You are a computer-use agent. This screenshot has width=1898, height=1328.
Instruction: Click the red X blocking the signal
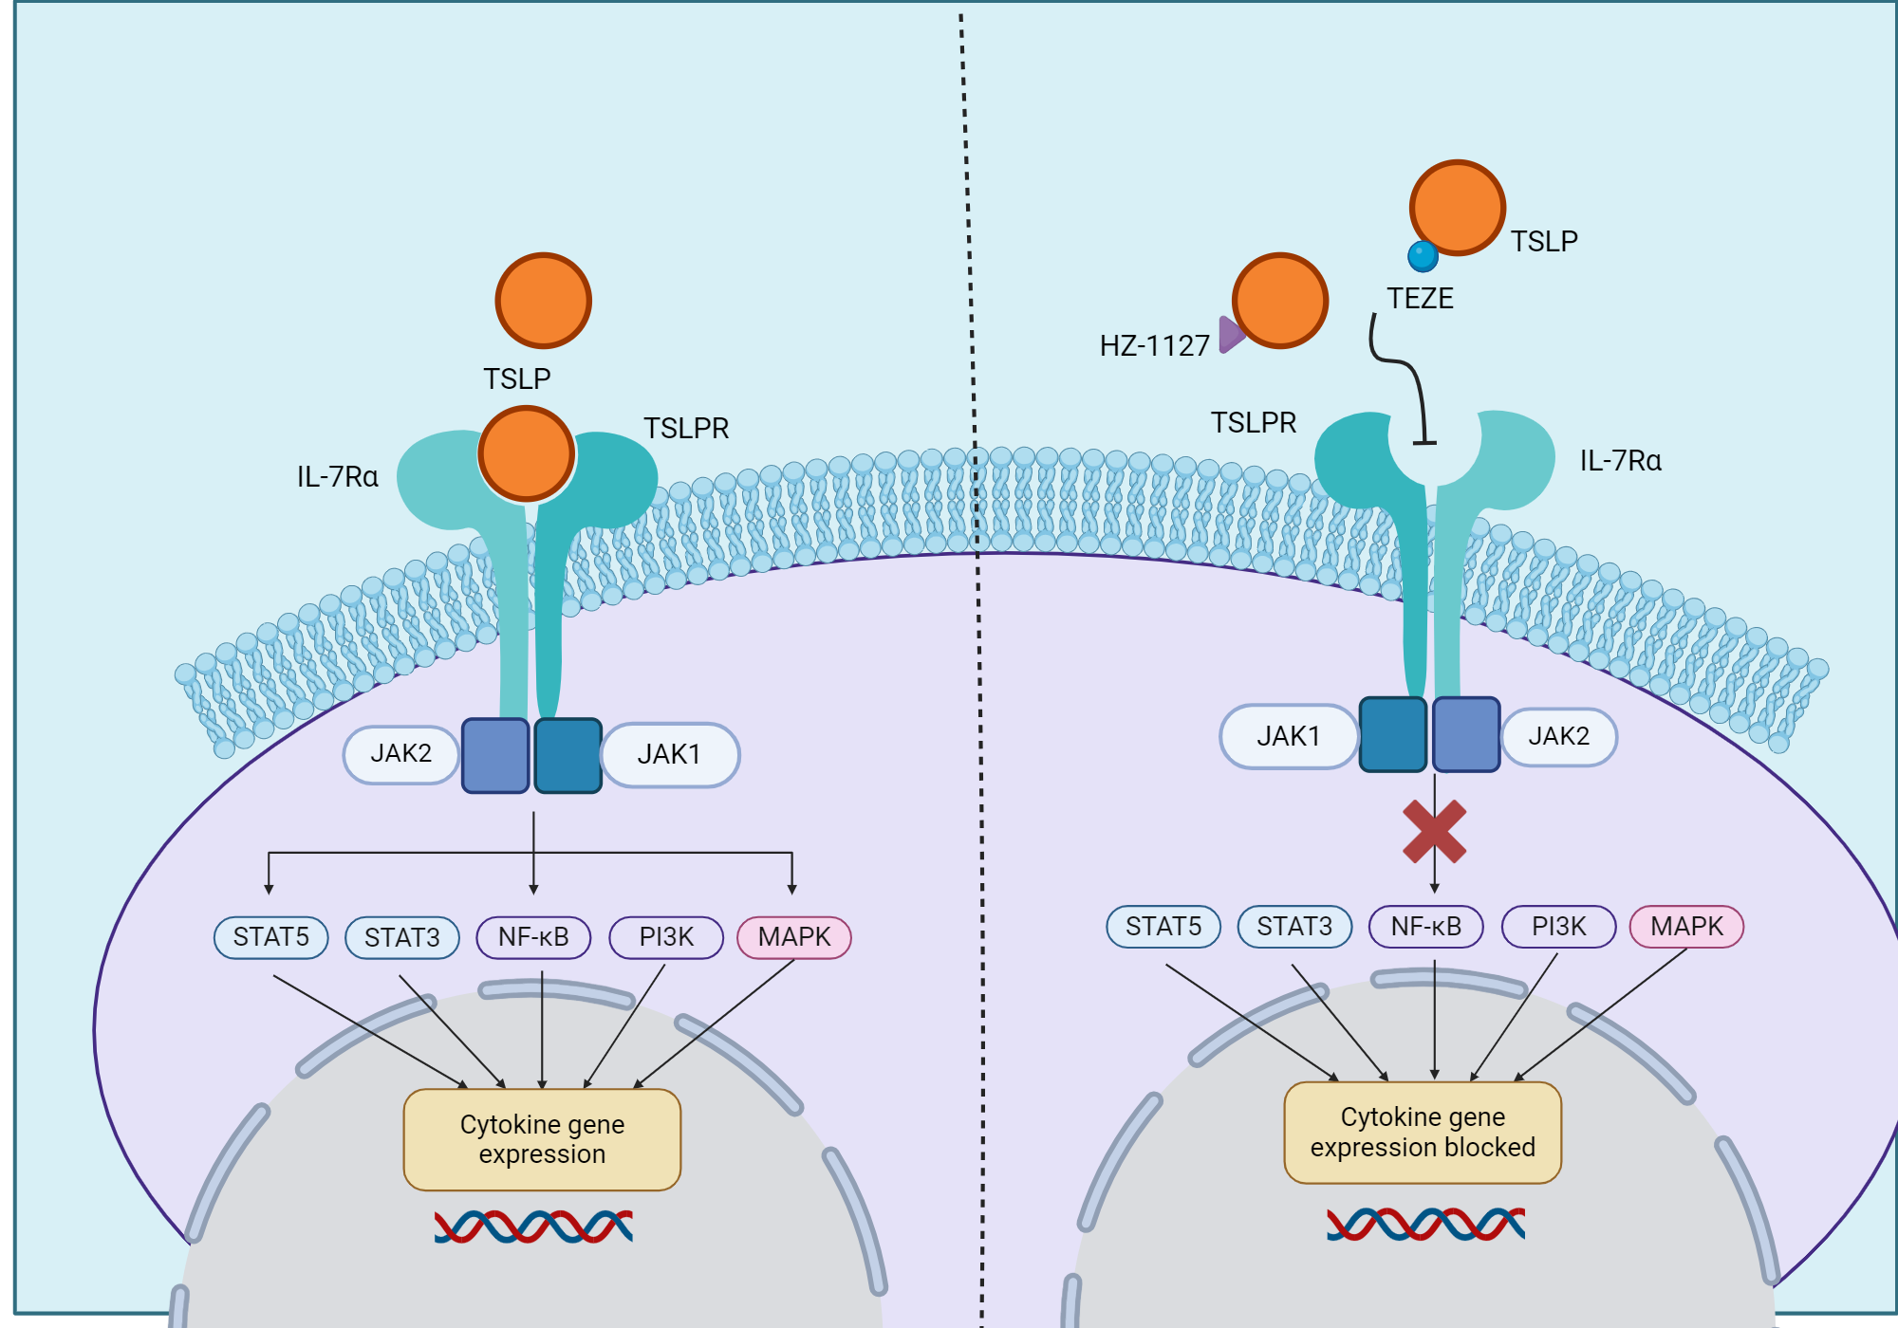tap(1434, 832)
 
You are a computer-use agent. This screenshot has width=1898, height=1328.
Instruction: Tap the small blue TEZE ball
tap(1423, 256)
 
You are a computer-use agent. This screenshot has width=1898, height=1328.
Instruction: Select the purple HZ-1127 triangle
tap(1230, 334)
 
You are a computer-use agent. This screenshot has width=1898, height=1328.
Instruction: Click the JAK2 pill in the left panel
tap(400, 754)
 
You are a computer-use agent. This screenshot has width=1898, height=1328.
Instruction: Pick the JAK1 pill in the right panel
tap(1288, 736)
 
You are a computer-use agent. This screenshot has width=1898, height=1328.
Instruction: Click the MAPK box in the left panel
tap(794, 937)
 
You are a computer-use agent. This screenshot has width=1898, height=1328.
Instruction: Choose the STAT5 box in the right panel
tap(1163, 926)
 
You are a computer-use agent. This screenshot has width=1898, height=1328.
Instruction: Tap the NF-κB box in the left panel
tap(533, 937)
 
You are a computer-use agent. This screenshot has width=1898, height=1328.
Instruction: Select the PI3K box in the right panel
tap(1558, 926)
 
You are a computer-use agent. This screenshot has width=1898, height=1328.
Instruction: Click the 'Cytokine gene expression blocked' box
tap(1423, 1133)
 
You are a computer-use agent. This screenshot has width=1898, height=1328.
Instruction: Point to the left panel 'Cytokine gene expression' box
tap(542, 1139)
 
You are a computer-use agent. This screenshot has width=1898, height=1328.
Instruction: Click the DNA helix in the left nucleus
tap(533, 1227)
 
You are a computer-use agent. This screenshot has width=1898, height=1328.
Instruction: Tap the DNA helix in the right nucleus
tap(1425, 1224)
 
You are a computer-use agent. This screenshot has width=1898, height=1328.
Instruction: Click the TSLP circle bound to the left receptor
tap(526, 453)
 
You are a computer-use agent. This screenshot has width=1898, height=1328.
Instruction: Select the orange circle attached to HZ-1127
tap(1279, 301)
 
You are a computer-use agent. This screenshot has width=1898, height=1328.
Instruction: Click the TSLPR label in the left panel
tap(686, 429)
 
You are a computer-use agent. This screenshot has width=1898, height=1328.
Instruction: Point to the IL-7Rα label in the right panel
tap(1620, 461)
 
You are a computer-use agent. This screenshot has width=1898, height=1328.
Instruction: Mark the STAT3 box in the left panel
tap(402, 937)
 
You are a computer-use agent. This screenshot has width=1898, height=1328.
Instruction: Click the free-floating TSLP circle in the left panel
tap(543, 301)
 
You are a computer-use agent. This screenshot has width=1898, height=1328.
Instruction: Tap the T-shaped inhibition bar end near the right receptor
tap(1424, 442)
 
